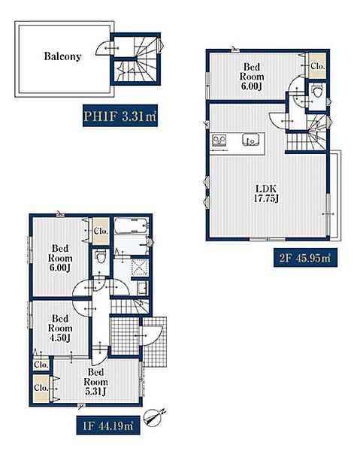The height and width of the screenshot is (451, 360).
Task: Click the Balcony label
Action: point(62,56)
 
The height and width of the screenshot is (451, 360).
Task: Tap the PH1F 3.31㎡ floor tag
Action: point(120,116)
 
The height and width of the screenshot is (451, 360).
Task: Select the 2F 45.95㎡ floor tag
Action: point(305,257)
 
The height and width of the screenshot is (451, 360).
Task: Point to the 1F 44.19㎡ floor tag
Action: point(108,425)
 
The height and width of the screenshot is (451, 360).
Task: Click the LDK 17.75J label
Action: point(267,194)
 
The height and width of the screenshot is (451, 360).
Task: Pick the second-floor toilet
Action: point(317,92)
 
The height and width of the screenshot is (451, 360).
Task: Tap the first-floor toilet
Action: point(101,256)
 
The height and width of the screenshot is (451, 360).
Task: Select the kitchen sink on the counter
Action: point(250,140)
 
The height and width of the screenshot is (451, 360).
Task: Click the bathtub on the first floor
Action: point(132,225)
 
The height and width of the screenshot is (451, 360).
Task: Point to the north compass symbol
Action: point(155,416)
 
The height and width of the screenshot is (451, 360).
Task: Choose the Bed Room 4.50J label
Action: point(60,328)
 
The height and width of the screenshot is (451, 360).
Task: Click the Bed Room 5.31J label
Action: point(95,382)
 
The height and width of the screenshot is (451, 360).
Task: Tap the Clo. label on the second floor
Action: point(318,66)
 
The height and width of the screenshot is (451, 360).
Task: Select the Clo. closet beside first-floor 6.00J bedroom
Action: point(101,231)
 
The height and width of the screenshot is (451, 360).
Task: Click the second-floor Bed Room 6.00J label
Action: point(252,77)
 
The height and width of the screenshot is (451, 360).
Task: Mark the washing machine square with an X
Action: point(140,268)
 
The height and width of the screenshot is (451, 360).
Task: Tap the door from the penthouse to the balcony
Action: point(104,48)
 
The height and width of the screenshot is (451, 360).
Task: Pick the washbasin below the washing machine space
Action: point(143,288)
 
